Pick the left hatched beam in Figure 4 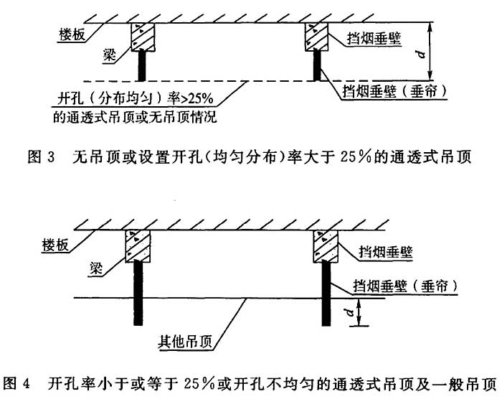click(x=138, y=245)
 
